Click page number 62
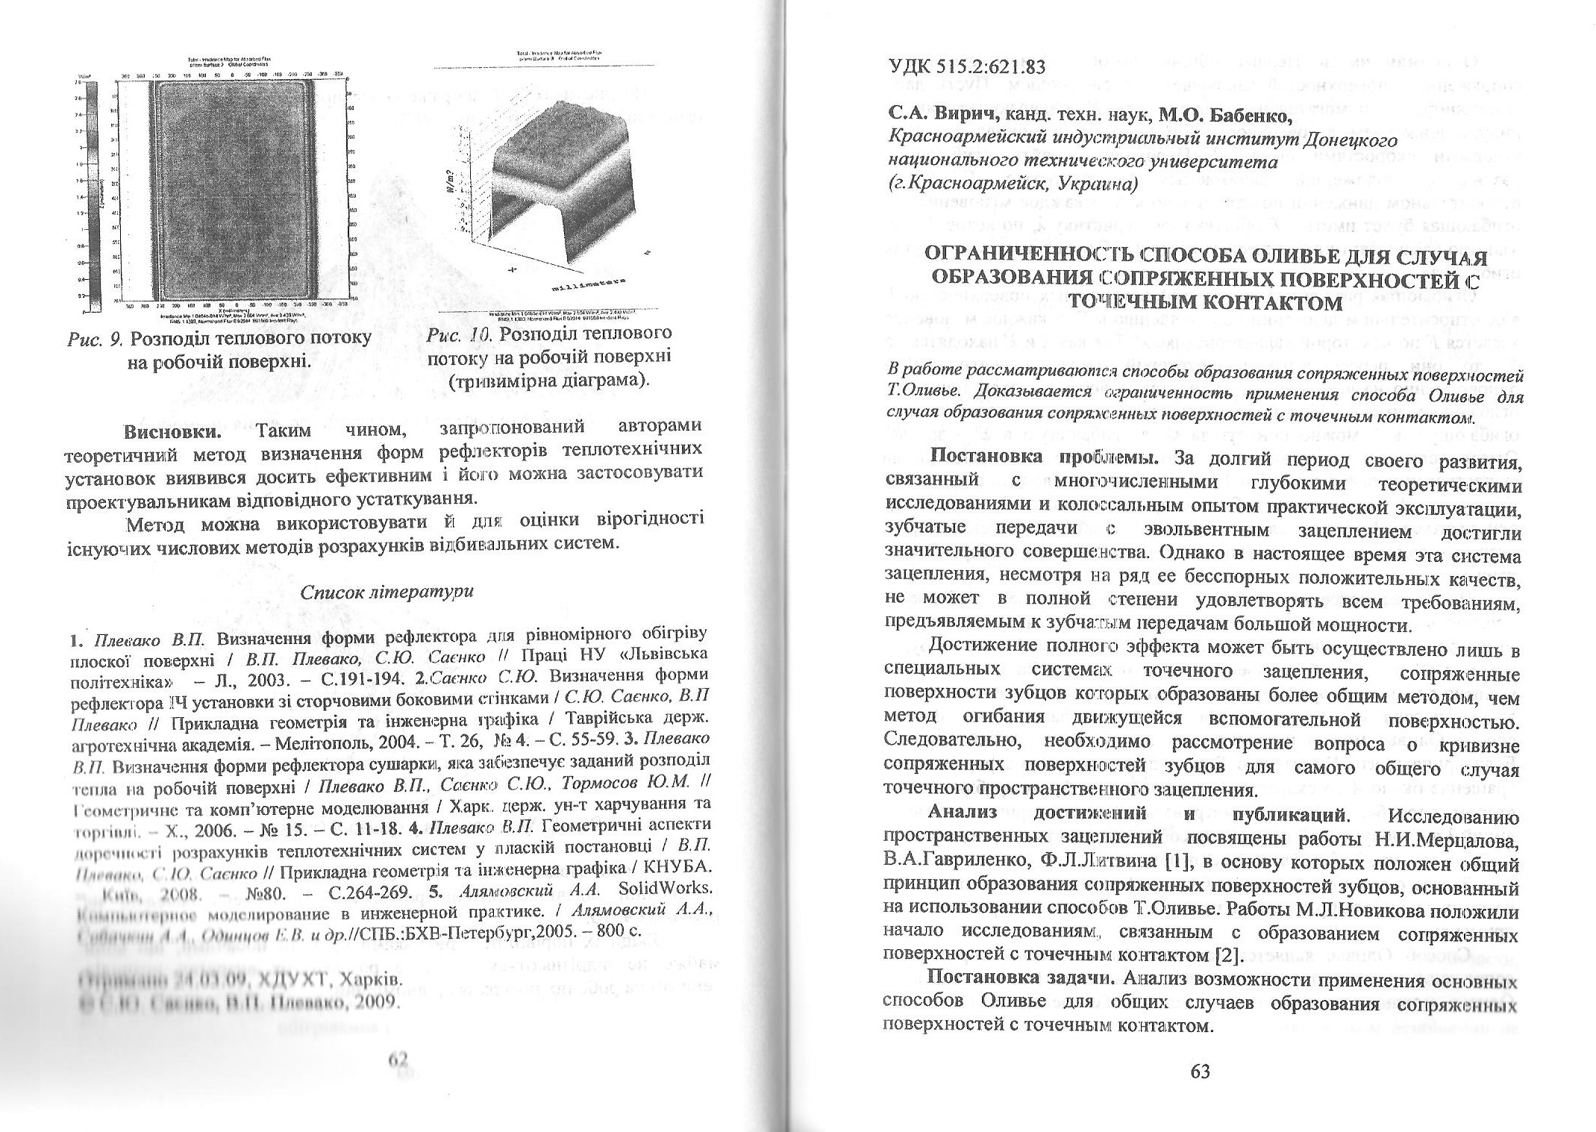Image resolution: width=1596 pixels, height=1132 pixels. point(399,1060)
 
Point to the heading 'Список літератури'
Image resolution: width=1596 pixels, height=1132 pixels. point(387,590)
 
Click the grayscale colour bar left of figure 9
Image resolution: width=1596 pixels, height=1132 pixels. point(93,194)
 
